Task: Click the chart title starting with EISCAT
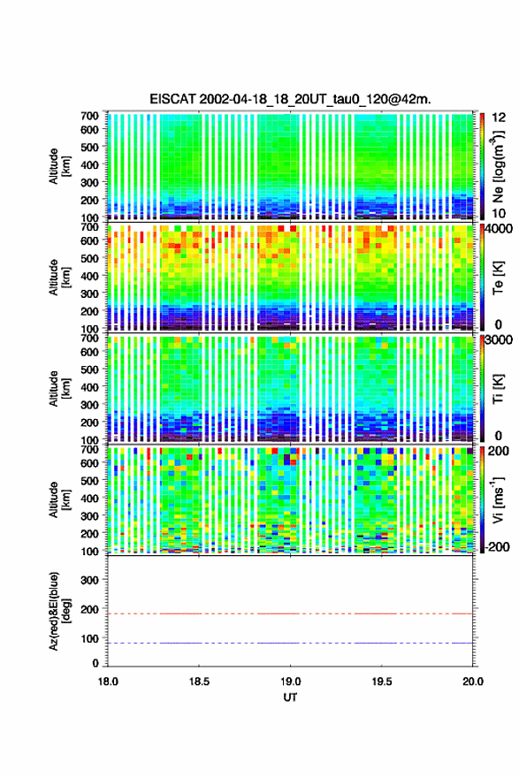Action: tap(290, 99)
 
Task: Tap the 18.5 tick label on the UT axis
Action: tap(199, 682)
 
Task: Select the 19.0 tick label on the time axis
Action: tap(290, 682)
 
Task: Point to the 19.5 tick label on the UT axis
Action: tap(381, 682)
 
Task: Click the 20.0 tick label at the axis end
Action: tap(473, 682)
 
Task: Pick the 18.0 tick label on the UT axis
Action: tap(108, 682)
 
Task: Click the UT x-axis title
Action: tap(290, 697)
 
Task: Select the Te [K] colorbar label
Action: tap(498, 278)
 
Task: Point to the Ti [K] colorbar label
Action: tap(498, 389)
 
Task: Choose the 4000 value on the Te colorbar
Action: tap(498, 230)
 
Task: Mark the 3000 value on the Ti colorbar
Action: tap(499, 340)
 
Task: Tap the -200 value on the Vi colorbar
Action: tap(496, 546)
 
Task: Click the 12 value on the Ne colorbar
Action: tap(499, 118)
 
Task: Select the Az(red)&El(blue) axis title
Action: tap(59, 611)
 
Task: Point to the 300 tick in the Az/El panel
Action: tap(89, 580)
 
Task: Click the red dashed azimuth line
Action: tap(290, 613)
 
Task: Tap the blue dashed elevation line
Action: tap(290, 643)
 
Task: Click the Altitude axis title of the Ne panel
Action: tap(59, 166)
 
